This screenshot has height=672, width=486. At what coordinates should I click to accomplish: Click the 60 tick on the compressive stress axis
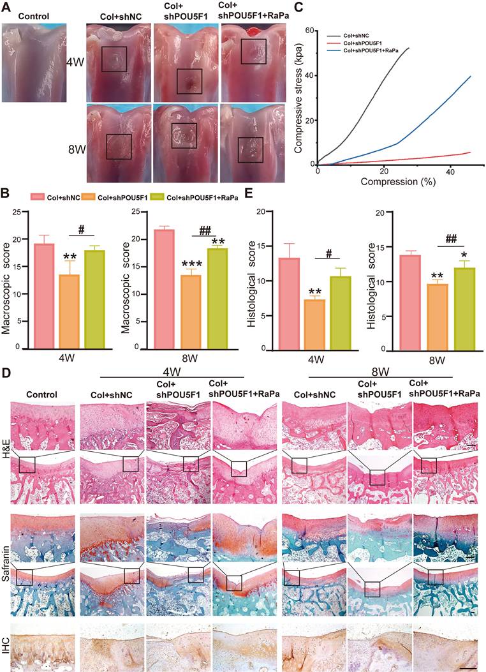(311, 30)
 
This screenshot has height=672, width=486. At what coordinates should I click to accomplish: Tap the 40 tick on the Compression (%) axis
(450, 172)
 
